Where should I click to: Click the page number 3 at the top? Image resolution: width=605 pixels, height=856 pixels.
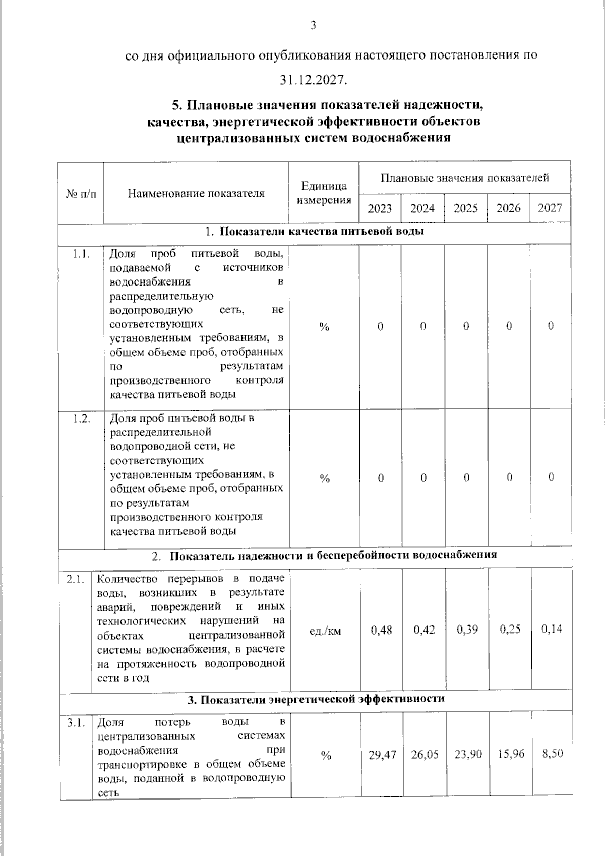click(313, 25)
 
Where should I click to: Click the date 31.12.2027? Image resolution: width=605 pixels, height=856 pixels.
click(314, 80)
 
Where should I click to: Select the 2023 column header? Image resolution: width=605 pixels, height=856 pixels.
click(380, 208)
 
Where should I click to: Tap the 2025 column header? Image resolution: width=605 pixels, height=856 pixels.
click(465, 208)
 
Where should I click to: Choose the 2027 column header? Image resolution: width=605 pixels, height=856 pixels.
click(550, 208)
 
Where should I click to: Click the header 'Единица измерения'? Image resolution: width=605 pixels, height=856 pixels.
click(324, 193)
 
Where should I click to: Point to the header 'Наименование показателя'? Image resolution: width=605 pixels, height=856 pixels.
click(196, 193)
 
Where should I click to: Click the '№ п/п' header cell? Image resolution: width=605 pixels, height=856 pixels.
click(81, 193)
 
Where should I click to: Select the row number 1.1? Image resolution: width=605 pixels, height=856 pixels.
click(81, 254)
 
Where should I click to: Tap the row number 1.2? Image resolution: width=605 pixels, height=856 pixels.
click(81, 419)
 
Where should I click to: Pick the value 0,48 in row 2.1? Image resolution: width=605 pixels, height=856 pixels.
click(381, 630)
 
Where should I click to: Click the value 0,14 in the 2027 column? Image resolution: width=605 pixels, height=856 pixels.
click(552, 629)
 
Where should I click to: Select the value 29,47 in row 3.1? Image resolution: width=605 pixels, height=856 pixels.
click(382, 755)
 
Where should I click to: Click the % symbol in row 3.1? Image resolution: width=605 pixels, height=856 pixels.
click(326, 755)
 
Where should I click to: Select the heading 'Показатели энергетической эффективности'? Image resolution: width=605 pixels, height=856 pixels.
click(316, 699)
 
